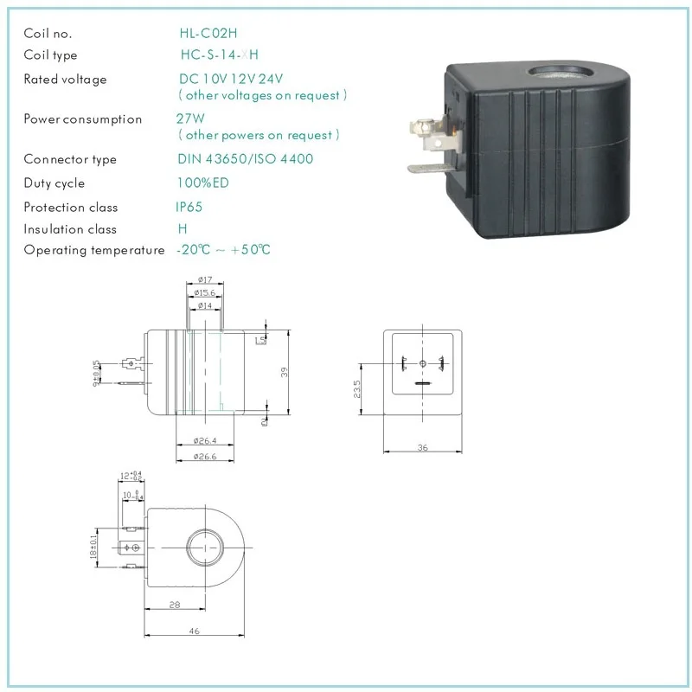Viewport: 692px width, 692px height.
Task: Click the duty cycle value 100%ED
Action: click(x=205, y=183)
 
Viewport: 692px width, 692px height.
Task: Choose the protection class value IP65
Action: click(x=190, y=208)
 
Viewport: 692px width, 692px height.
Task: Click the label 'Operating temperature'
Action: click(x=93, y=250)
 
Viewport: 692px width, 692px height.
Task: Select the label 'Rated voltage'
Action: click(x=65, y=80)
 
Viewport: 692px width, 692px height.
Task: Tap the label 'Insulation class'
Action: click(x=70, y=229)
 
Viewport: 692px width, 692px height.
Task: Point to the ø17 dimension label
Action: click(x=205, y=280)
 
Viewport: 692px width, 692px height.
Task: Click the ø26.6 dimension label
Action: click(x=205, y=456)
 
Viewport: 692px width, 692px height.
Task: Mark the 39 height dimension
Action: click(x=285, y=372)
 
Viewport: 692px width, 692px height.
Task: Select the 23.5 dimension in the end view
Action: click(x=356, y=387)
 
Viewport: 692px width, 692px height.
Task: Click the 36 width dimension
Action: click(x=423, y=447)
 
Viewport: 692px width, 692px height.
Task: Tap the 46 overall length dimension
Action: click(x=194, y=631)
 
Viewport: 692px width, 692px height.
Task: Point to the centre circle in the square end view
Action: click(x=423, y=363)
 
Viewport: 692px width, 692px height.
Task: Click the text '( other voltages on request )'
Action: click(x=261, y=95)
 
